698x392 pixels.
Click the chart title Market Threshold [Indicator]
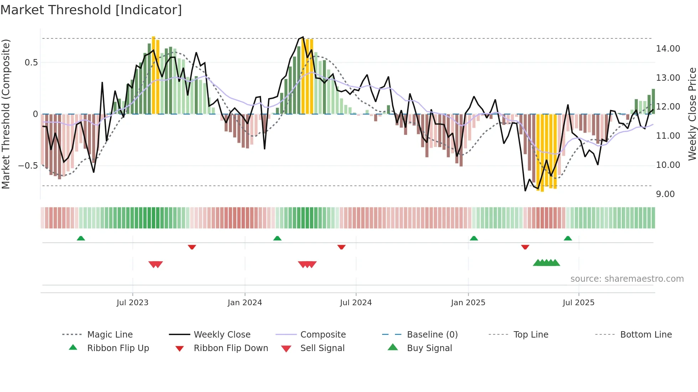[x=91, y=10]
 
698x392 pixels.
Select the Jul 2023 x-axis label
[x=132, y=303]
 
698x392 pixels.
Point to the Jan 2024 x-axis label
[x=245, y=303]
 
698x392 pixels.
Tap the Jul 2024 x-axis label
[x=356, y=303]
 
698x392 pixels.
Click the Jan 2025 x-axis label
[x=468, y=303]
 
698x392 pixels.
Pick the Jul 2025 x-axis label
[x=579, y=303]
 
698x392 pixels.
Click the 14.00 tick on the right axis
[x=668, y=49]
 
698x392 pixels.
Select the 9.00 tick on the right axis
[x=665, y=194]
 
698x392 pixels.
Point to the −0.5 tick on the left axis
[x=28, y=166]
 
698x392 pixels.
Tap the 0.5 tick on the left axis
[x=31, y=63]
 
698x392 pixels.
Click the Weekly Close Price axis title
[x=692, y=114]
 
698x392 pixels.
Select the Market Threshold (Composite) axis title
[x=6, y=114]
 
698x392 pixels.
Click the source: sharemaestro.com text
[x=627, y=279]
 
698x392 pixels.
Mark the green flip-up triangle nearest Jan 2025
[x=474, y=238]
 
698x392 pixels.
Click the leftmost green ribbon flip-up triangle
[x=81, y=238]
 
